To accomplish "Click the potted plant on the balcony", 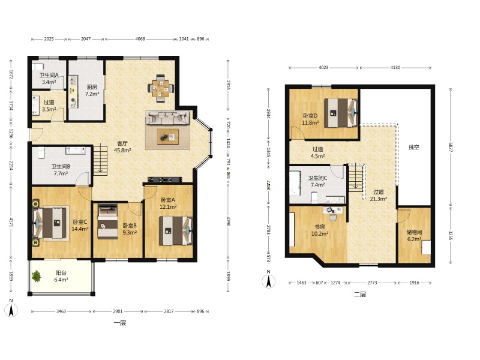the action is click(37, 276).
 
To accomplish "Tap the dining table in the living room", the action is click(161, 88).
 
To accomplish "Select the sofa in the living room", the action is click(167, 117).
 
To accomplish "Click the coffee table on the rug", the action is click(168, 137).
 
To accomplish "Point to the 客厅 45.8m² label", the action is click(122, 146).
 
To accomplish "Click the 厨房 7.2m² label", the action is click(92, 91).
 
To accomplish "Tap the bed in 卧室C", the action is click(50, 223).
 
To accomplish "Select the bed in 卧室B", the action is click(107, 221).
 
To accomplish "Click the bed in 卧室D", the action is click(341, 113).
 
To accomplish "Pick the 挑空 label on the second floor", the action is click(413, 147).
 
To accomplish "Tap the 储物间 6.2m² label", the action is click(414, 235).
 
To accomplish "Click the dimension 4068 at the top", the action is click(140, 39).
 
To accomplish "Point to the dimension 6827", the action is click(451, 147).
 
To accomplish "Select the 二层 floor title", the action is click(359, 295).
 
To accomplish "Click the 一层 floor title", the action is click(119, 323).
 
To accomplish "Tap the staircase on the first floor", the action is click(100, 161).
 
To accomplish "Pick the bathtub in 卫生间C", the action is click(295, 184).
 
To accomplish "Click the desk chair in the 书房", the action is click(332, 218).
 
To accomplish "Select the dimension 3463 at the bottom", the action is click(61, 311).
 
